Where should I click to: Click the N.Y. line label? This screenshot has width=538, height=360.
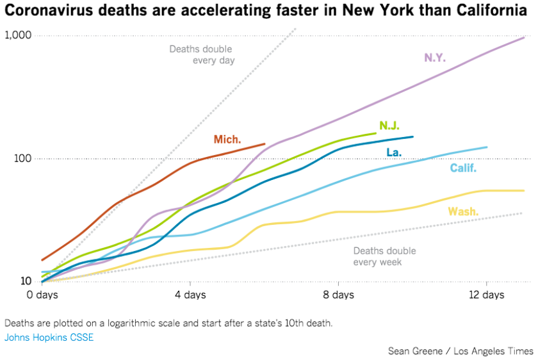click(434, 58)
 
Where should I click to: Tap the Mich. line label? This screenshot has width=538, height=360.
click(227, 139)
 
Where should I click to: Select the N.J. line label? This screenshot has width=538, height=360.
click(389, 126)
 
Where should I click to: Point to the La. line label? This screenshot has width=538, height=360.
click(394, 152)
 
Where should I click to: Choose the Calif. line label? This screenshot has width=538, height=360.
click(463, 168)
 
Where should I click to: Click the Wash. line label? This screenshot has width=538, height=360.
click(463, 212)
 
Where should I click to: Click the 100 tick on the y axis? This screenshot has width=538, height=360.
click(24, 158)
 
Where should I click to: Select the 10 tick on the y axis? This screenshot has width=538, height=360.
click(26, 281)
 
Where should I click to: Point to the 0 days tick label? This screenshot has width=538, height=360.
click(42, 295)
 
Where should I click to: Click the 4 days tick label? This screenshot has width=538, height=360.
click(190, 295)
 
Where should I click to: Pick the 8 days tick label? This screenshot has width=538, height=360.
click(338, 295)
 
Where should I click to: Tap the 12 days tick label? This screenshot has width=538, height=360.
click(486, 295)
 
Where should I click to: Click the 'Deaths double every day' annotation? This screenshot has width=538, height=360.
click(201, 54)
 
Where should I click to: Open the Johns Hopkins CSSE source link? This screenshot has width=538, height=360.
click(49, 338)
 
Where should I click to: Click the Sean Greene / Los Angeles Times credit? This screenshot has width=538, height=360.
click(461, 351)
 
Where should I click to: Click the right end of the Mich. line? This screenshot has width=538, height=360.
click(265, 144)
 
